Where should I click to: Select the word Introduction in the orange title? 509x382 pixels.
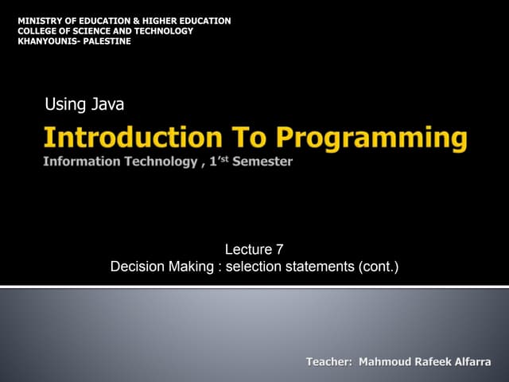[x=132, y=138]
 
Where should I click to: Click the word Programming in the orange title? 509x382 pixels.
[x=371, y=138]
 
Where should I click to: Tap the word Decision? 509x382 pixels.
[x=137, y=267]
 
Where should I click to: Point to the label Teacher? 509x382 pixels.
[x=329, y=362]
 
